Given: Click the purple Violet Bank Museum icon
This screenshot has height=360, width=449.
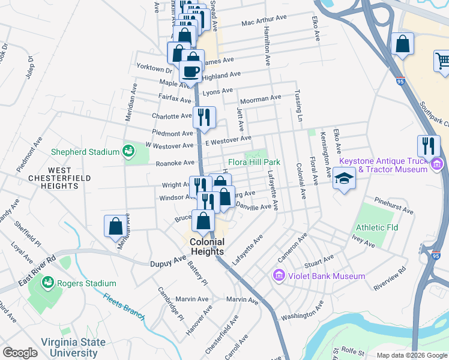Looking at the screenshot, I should [278, 276].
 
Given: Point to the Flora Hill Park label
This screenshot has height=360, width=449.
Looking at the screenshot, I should [255, 162].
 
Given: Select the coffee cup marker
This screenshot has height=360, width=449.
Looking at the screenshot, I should [190, 71].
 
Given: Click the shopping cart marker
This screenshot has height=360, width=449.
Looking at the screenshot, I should [442, 61].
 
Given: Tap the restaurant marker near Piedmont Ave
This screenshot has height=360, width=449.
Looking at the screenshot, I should [204, 117].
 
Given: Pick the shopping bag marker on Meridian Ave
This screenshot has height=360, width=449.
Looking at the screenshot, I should [116, 226].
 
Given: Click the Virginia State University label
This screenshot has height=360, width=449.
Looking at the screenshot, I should [73, 348].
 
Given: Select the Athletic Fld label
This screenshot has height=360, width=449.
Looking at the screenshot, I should [376, 228].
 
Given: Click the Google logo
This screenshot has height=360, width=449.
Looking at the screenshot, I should [20, 353].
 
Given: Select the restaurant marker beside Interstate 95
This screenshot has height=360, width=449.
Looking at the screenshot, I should [429, 146].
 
